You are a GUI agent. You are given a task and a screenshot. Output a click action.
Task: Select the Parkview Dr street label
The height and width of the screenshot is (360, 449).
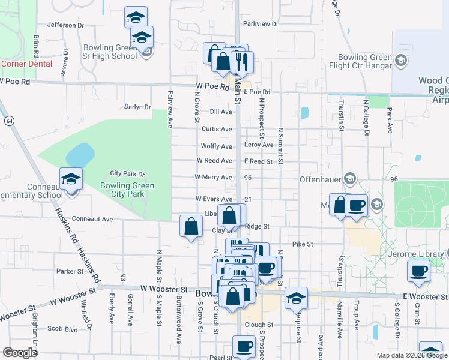[x=261, y=24]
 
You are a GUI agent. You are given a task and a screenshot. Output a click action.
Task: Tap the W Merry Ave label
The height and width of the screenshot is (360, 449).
[x=214, y=178]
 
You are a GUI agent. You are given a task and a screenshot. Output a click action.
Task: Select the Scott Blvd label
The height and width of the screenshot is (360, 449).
[x=62, y=329]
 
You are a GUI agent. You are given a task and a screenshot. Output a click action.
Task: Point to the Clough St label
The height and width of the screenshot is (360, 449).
[x=259, y=325]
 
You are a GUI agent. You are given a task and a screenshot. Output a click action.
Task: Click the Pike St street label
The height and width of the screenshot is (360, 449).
[x=303, y=244]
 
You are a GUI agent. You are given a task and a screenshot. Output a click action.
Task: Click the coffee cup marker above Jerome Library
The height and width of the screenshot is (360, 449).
[x=418, y=271]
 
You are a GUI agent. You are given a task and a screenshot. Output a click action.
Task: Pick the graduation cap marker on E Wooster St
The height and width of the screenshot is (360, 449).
[x=296, y=298]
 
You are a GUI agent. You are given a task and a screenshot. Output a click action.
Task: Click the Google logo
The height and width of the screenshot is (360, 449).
[x=20, y=353]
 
